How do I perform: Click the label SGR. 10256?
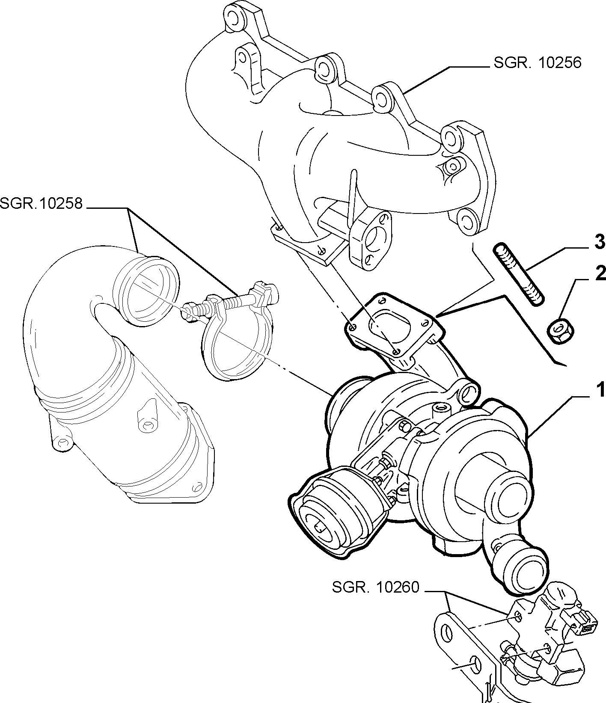538,63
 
